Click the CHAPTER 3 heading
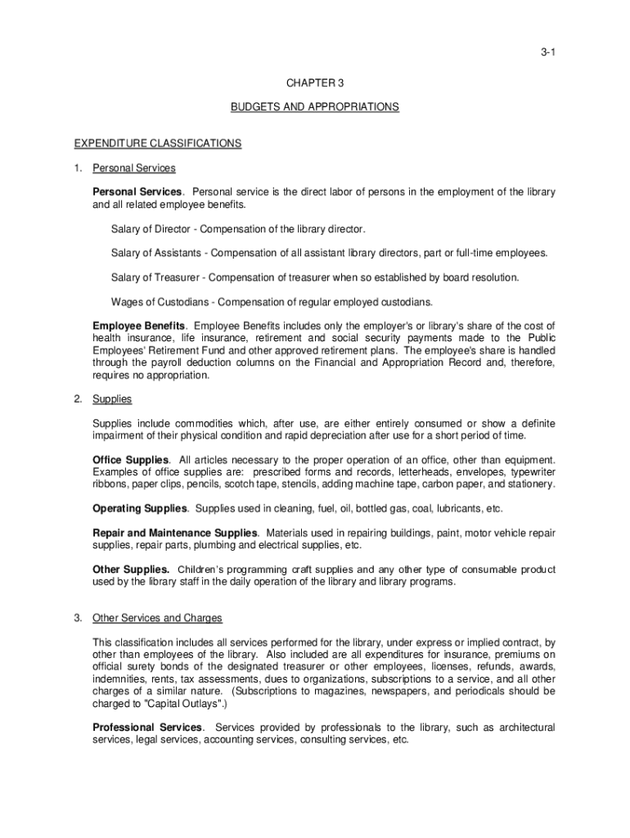tap(315, 83)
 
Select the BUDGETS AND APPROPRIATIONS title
tap(315, 107)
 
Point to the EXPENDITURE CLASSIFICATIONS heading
tap(158, 143)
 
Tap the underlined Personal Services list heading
tap(134, 168)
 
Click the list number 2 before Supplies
tap(78, 399)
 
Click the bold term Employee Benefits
tap(138, 327)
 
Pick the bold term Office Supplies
tap(131, 460)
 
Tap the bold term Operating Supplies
tap(140, 508)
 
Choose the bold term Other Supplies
tap(131, 570)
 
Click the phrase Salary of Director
tap(151, 228)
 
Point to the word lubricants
tap(455, 508)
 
